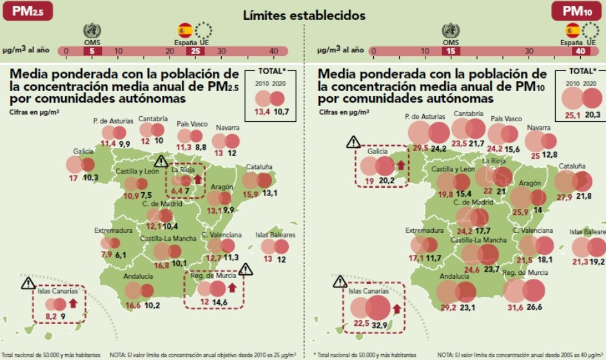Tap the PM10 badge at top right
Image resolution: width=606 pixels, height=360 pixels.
[x=577, y=11]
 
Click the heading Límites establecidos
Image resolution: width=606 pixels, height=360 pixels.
[x=304, y=14]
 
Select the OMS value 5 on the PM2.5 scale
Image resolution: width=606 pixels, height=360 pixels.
[x=93, y=51]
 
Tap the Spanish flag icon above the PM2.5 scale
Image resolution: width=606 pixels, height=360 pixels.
[x=185, y=30]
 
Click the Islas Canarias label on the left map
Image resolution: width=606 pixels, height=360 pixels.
[x=53, y=290]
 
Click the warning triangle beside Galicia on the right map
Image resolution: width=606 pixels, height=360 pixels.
[x=353, y=142]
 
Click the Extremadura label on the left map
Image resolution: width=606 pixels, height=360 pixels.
[x=113, y=230]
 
